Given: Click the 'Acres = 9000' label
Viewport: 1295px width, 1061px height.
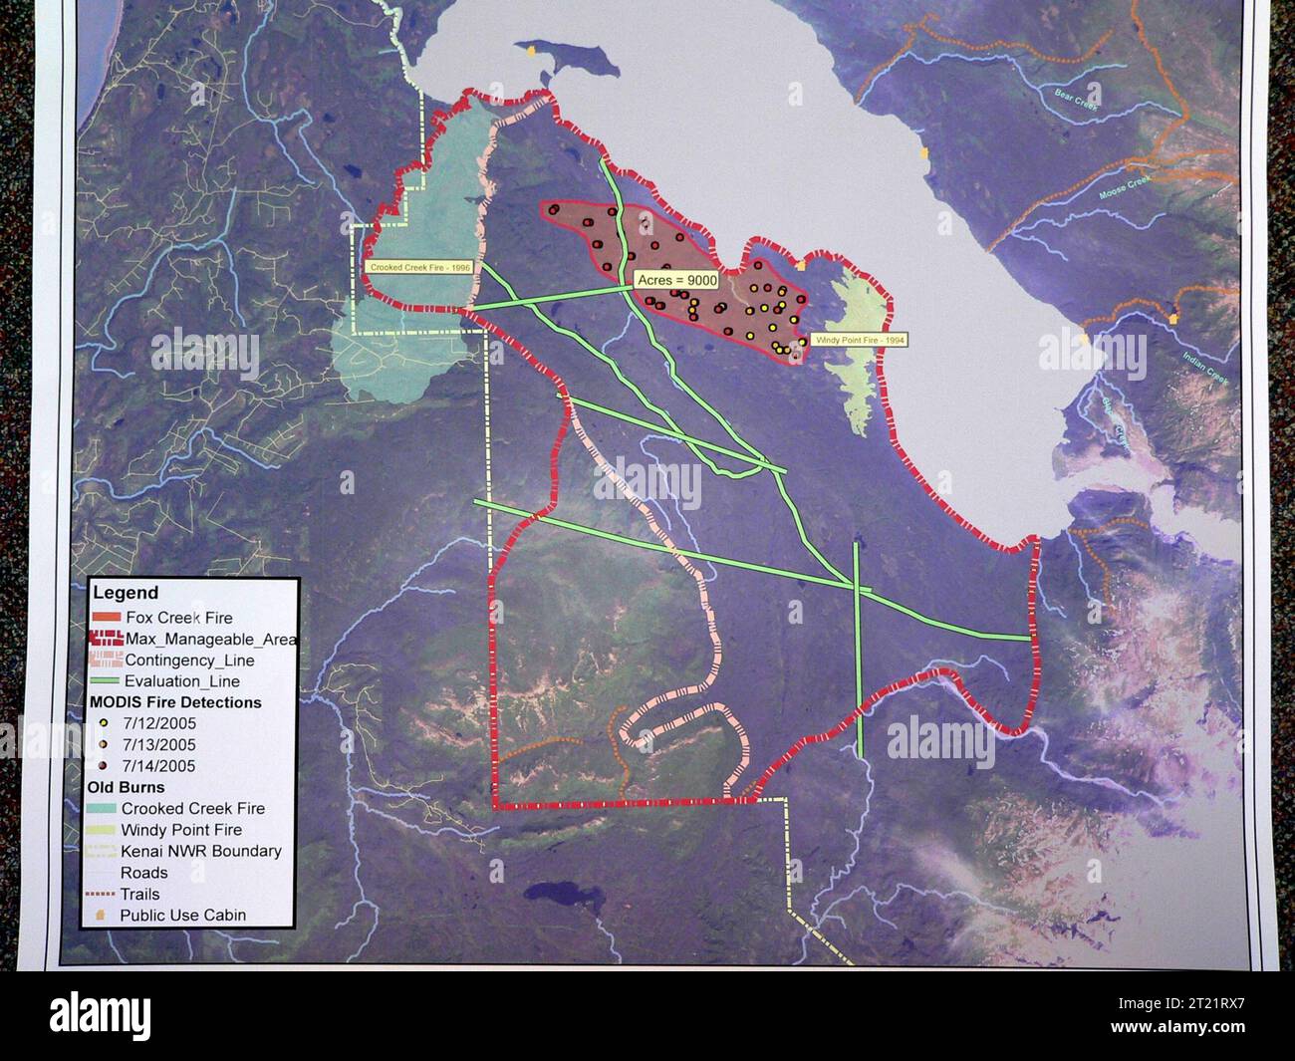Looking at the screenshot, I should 676,281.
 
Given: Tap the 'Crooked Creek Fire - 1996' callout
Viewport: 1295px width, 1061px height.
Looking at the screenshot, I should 419,268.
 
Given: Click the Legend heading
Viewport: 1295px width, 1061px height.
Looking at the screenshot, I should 126,593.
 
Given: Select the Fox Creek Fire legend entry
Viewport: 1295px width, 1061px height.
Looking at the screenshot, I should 178,618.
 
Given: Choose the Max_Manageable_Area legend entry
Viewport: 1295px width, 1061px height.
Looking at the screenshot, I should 209,639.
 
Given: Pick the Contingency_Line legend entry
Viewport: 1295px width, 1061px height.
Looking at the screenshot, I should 189,661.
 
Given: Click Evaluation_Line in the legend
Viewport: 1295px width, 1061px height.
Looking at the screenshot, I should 182,681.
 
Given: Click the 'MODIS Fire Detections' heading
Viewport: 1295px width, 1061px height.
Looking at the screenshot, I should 175,702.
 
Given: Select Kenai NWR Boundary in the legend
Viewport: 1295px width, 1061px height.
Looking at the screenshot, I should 200,851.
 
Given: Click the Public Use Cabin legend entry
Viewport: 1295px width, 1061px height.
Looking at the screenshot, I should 182,915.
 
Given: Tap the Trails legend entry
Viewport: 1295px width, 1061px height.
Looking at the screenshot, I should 139,894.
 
